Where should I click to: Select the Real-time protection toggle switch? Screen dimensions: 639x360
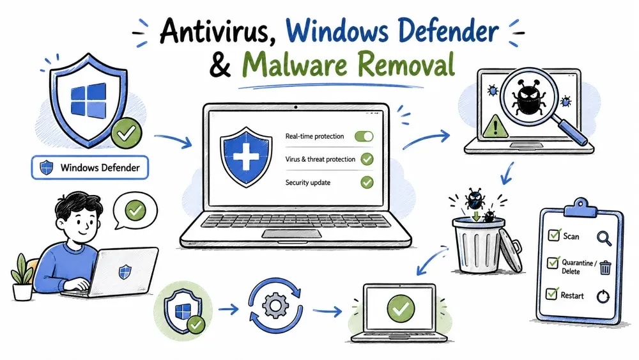tap(364, 136)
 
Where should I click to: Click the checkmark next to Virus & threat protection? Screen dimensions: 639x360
tap(367, 159)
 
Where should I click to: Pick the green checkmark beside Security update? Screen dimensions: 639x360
tap(367, 182)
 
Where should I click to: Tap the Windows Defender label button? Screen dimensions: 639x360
tap(90, 168)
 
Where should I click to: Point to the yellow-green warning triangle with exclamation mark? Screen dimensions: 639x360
tap(495, 127)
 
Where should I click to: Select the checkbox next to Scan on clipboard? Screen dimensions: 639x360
tap(554, 235)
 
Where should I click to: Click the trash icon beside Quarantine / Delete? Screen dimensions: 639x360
tap(605, 267)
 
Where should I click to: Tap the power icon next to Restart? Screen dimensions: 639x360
tap(603, 297)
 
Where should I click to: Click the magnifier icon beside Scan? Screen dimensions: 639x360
tap(604, 238)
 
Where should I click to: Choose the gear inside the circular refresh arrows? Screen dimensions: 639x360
tap(275, 305)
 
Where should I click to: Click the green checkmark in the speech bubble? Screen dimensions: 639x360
tap(135, 210)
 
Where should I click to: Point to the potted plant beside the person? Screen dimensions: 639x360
tap(22, 278)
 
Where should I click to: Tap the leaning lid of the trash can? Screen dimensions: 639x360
tap(511, 250)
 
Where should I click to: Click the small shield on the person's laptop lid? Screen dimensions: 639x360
tap(125, 272)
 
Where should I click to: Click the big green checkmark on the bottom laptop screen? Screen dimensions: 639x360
tap(401, 308)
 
